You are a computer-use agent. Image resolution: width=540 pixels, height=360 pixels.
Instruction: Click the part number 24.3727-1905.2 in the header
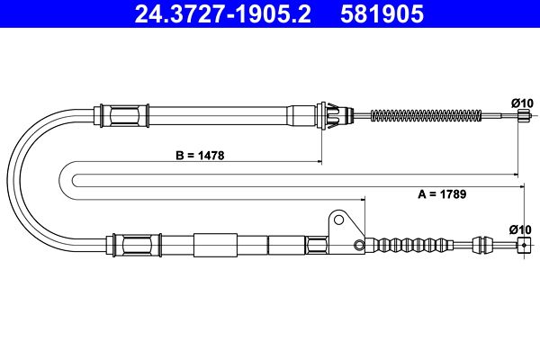[x=223, y=14]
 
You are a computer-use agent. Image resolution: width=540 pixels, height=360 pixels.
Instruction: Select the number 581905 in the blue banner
[x=382, y=14]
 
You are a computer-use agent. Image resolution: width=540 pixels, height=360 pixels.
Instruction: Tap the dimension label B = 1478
[x=200, y=156]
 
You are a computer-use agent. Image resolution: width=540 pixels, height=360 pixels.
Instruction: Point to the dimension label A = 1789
[x=442, y=194]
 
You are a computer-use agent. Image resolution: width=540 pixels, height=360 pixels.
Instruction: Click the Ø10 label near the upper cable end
[x=522, y=103]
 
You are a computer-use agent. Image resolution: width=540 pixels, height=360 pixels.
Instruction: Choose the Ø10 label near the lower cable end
[x=520, y=229]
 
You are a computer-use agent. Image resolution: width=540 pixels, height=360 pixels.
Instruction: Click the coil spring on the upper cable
[x=426, y=115]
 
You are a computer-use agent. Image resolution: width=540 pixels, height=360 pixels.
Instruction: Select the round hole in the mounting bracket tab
[x=339, y=220]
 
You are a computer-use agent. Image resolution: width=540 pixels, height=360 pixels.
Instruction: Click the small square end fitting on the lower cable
[x=524, y=246]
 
